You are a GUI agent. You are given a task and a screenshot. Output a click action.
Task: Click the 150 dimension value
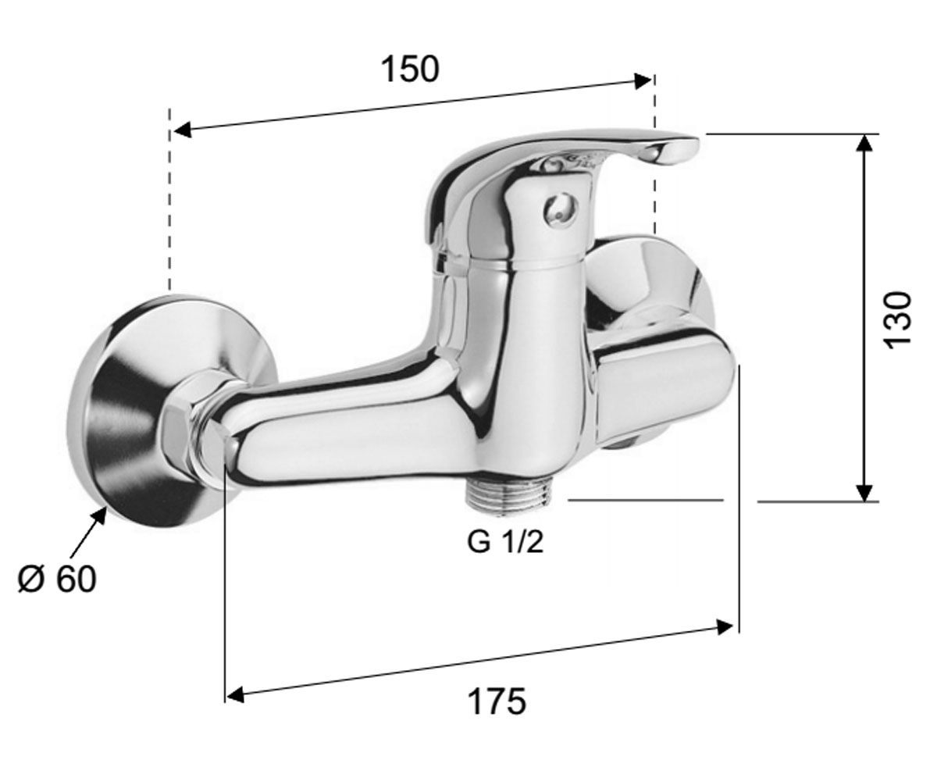click(410, 70)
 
